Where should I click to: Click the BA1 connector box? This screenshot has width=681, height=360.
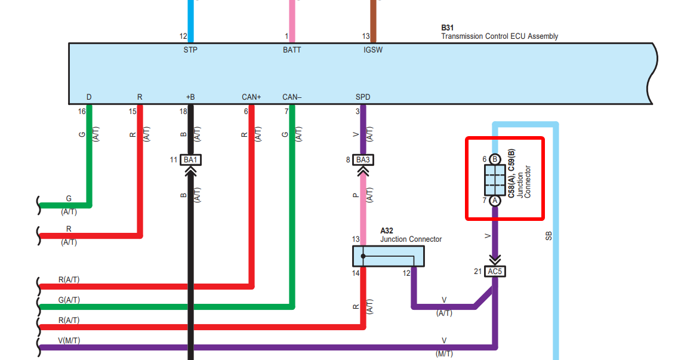[191, 160]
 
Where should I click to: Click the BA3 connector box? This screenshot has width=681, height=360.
[363, 160]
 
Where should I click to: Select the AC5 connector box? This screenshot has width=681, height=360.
[495, 272]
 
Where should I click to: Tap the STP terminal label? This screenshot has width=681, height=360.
[190, 50]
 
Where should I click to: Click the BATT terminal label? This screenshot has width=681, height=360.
[292, 50]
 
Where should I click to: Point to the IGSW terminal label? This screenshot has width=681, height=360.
[373, 50]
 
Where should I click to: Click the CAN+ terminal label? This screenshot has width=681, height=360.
[251, 97]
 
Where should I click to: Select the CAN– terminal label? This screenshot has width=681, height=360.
[292, 97]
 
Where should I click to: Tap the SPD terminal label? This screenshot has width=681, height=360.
[362, 97]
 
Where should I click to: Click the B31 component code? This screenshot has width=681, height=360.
[447, 28]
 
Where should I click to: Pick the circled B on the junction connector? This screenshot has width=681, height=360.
[495, 159]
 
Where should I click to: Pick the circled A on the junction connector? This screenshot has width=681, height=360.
[495, 201]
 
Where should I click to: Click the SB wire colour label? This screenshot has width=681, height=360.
[549, 236]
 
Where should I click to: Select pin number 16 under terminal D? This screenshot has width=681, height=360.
[82, 110]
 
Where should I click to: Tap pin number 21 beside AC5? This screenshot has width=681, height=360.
[477, 272]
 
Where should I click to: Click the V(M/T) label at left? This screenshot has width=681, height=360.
[69, 340]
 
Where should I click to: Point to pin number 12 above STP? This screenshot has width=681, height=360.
[183, 36]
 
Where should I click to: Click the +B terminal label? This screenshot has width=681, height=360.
[190, 97]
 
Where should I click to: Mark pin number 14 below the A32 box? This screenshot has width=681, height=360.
[356, 273]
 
